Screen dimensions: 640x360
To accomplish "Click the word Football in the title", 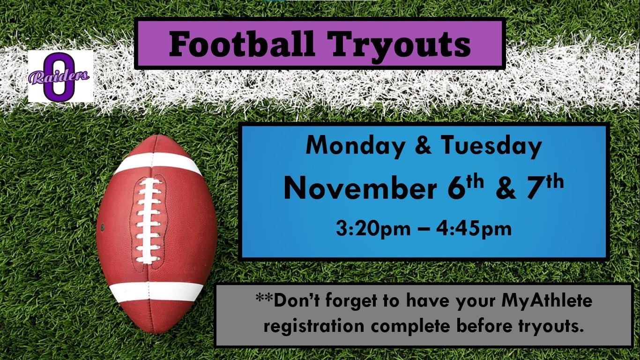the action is [242, 45].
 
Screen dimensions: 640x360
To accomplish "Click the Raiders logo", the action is [60, 76].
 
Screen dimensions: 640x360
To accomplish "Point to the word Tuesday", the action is [491, 146].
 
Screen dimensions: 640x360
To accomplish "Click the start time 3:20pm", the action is [373, 229].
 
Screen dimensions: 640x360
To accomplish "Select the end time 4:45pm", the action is [473, 229].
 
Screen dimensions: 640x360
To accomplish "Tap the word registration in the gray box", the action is [314, 326].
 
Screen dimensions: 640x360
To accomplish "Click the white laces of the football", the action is [148, 220].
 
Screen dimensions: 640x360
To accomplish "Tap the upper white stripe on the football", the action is [158, 163].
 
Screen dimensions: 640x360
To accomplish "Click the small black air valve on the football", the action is [103, 228].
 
